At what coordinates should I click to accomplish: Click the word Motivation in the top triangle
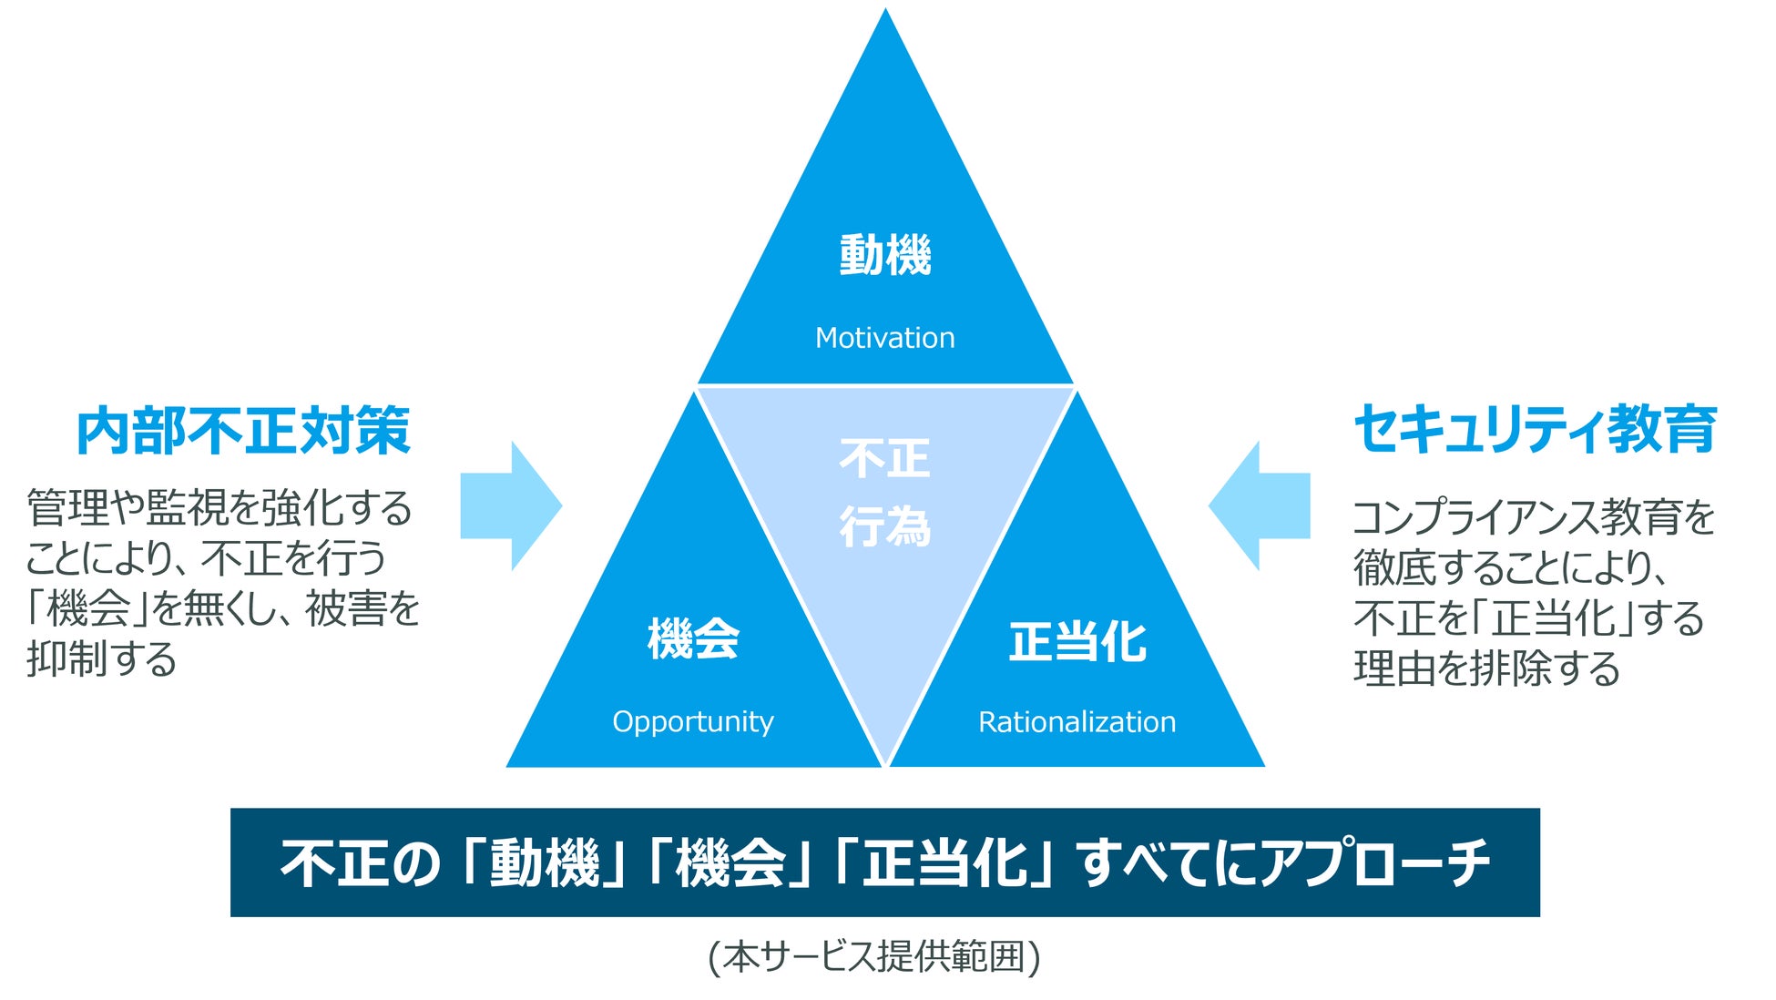tap(884, 338)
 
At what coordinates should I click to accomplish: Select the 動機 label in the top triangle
tap(884, 255)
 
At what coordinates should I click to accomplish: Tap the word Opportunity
tap(692, 721)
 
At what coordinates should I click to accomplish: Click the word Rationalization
tap(1077, 722)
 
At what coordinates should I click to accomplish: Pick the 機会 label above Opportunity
tap(692, 638)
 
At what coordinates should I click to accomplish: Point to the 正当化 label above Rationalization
tap(1077, 641)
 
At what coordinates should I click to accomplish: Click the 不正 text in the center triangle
tap(884, 459)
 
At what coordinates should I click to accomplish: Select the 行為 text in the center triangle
tap(884, 527)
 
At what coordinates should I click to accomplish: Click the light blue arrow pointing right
tap(511, 506)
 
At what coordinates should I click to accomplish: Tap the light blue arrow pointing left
tap(1260, 506)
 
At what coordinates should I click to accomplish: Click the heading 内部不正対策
tap(243, 431)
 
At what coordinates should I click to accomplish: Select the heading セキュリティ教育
tap(1535, 429)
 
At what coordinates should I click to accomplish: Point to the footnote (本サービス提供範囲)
tap(874, 957)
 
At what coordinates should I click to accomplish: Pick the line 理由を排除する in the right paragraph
tap(1486, 668)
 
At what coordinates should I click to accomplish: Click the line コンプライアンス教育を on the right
tap(1534, 517)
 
